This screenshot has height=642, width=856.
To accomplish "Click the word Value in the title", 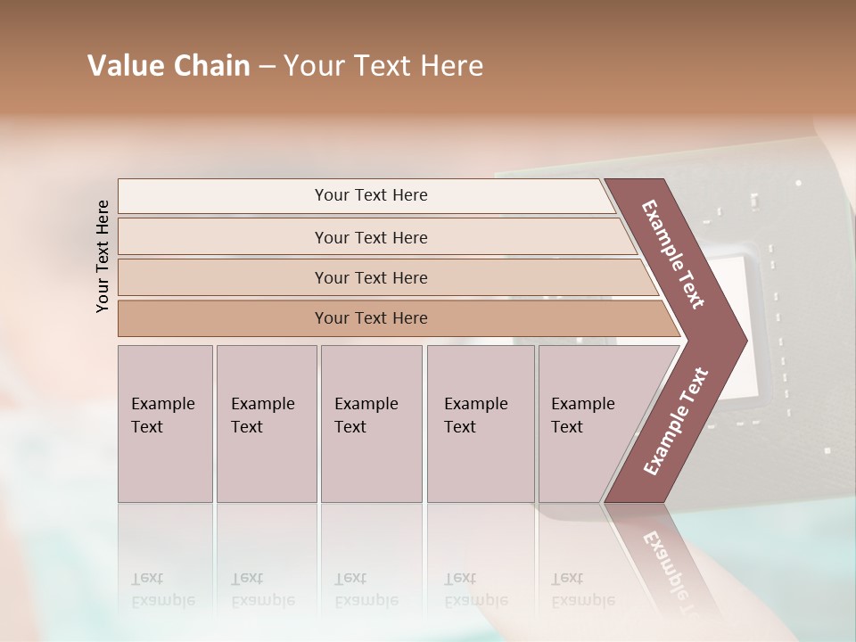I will point(124,66).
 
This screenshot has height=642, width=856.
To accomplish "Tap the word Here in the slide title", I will point(450,66).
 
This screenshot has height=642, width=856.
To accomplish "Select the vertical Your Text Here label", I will point(103,256).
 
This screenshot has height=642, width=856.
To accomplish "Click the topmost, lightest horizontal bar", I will point(371,195).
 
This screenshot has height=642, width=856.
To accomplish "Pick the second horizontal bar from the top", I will point(371,237).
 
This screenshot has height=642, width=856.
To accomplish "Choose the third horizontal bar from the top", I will point(371,277).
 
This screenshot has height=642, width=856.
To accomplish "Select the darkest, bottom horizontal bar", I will point(371,318).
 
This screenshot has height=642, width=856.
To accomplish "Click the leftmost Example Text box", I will point(165,424).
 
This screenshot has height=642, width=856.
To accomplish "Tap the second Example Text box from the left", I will point(267,424).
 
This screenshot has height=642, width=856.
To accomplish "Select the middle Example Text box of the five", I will point(371,424).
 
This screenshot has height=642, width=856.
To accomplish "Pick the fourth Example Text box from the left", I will point(481,424).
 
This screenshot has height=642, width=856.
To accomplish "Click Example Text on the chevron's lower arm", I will point(676,421).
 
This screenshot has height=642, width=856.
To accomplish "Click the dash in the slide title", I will point(267,67).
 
